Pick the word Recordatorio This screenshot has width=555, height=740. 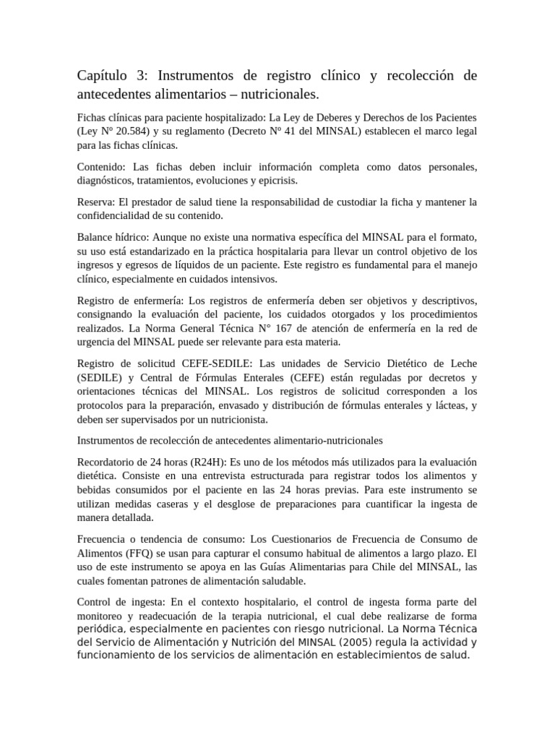click(109, 461)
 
